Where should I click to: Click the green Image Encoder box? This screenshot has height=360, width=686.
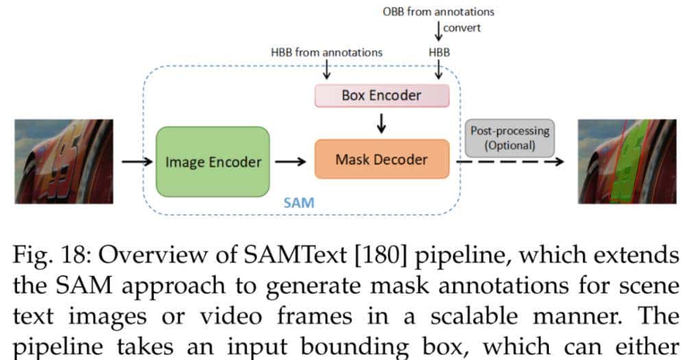point(213,162)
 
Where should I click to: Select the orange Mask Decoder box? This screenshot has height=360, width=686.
point(381,159)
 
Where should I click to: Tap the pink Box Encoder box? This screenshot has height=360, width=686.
point(381,95)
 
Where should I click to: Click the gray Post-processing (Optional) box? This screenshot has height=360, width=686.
point(508,138)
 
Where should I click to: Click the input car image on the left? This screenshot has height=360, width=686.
point(64,161)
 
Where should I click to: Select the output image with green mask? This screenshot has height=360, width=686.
point(624,161)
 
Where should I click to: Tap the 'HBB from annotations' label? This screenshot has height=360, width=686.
point(327,51)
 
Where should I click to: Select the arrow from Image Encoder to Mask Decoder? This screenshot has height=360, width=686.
point(292,162)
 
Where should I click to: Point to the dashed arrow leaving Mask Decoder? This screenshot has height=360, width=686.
point(508,162)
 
